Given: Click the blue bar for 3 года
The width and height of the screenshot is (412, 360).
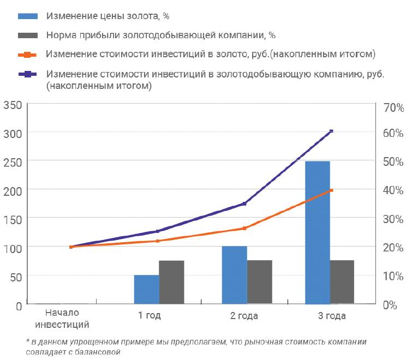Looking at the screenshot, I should pos(318,232).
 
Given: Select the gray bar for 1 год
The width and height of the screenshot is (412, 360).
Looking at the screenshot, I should pos(171,281).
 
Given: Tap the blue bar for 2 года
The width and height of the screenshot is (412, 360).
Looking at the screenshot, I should pos(235,274).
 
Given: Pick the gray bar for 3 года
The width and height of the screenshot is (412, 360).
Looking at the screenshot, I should pos(342,281).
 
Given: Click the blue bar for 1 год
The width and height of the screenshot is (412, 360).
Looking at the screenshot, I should pos(147,289).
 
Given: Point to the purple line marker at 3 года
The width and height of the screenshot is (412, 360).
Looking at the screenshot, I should pos(331,131).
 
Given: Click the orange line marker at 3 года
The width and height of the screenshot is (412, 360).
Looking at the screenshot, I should pos(331,190).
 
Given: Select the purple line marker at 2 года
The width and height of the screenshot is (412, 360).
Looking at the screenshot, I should pos(244,203).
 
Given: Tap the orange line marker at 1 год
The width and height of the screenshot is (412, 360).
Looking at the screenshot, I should pos(158,241).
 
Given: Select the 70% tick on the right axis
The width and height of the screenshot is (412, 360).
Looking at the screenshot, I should pos(393,107).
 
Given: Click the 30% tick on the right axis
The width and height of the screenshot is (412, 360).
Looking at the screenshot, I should pos(393,219).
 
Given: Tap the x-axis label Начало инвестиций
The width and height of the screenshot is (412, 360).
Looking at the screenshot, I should pos(62,319).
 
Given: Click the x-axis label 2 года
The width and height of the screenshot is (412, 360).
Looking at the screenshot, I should pos(244,316).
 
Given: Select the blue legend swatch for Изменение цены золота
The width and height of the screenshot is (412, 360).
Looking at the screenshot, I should pos(28,15).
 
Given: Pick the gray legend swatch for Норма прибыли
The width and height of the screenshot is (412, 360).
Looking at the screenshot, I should pos(28,35).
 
